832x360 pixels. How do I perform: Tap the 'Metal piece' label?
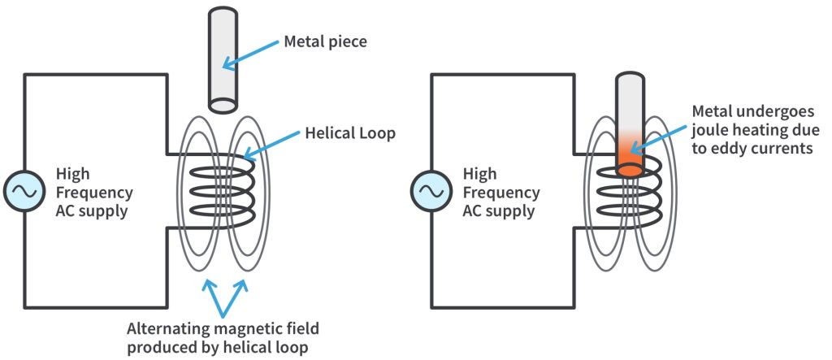click(324, 41)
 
